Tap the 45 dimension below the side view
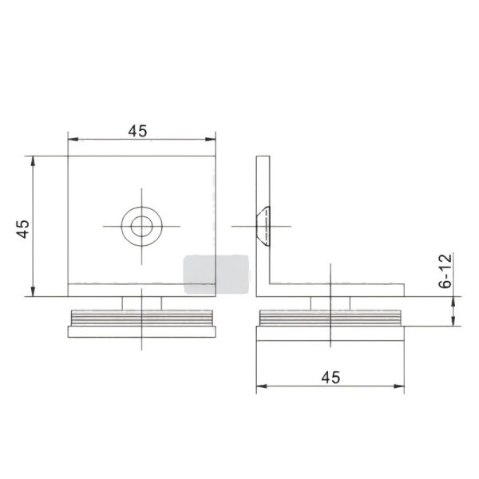pos(330,378)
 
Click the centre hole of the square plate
pos(142,225)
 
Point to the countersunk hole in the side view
pos(263,226)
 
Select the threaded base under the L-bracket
pos(330,322)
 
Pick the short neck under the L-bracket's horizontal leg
pos(330,301)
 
